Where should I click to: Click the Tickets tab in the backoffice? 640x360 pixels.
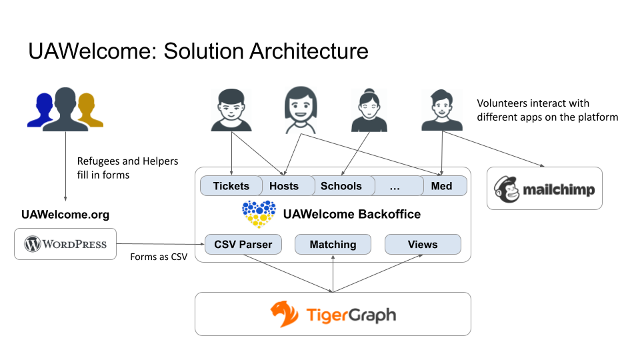point(231,186)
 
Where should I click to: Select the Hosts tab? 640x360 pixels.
point(284,186)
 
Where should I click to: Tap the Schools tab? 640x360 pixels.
point(341,186)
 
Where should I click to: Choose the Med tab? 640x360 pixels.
point(442,186)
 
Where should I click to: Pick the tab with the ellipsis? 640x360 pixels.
point(395,186)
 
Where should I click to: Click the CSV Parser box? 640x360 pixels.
point(243,245)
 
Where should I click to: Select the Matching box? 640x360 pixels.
point(333,245)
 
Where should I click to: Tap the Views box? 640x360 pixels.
point(423,245)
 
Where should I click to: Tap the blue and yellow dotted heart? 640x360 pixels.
point(259,213)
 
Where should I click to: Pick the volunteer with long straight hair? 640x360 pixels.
point(300,109)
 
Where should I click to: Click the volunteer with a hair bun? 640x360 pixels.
point(369,110)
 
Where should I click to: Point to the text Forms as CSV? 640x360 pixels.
point(158,257)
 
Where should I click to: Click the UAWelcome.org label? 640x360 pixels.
point(65,215)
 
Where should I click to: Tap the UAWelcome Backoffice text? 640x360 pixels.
point(351,214)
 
